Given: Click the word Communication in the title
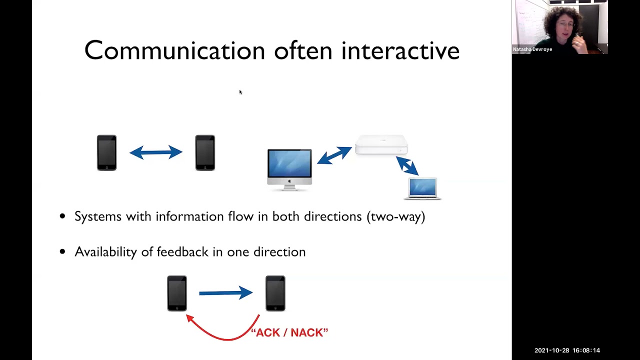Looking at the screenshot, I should (174, 51).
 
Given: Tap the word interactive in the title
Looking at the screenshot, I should (400, 51).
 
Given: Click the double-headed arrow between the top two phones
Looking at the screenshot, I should (155, 152).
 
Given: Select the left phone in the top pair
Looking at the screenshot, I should (106, 153).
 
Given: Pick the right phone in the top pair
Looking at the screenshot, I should (205, 153).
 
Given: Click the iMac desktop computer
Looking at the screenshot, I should (289, 167).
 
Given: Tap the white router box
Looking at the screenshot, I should (381, 145).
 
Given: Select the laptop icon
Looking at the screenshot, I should (422, 189).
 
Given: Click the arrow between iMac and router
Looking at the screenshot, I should (334, 155).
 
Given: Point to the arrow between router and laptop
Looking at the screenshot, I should (407, 165).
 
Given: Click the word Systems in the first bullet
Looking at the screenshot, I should (98, 216).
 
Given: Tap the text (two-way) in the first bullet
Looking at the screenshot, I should (396, 216).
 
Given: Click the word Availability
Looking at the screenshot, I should (105, 251).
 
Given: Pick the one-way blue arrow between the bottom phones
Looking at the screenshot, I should (225, 292).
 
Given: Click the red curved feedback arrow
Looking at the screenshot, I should (220, 334).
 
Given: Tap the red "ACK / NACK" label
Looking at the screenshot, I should (289, 332).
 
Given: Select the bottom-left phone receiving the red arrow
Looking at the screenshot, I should (177, 293).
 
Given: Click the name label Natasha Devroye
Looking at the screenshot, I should (532, 49).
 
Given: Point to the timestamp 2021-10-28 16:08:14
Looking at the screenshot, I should (567, 350).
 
